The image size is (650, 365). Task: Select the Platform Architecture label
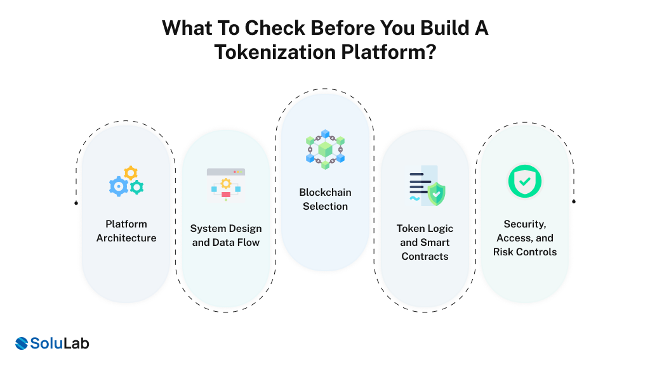tap(126, 231)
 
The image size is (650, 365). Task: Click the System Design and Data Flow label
tap(226, 235)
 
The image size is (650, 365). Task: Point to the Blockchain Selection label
tap(325, 199)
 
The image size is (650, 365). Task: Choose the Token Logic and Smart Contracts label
tap(425, 242)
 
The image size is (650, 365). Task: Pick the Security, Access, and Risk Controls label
tap(525, 238)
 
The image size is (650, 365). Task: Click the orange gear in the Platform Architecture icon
tap(131, 172)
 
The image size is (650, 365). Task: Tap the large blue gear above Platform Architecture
tap(119, 186)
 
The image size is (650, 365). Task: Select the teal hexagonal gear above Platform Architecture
tap(136, 187)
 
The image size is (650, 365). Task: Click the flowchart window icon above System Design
tap(226, 184)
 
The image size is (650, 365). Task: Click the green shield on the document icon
tap(437, 194)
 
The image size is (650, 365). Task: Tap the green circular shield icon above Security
tap(525, 181)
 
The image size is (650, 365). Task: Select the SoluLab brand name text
tap(61, 343)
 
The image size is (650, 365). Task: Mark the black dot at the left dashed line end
tap(76, 203)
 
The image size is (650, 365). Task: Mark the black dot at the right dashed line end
tap(574, 202)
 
